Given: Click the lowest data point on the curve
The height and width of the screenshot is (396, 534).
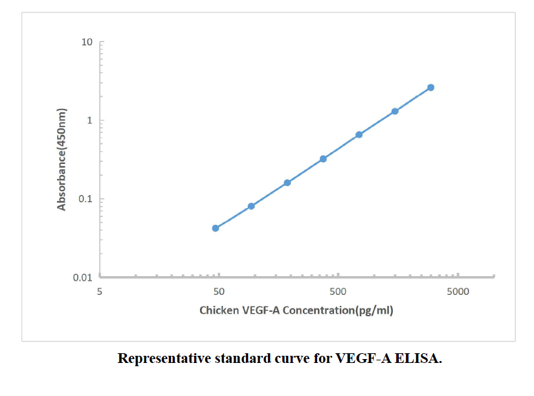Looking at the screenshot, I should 216,228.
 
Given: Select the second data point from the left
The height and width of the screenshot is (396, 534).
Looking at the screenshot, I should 251,206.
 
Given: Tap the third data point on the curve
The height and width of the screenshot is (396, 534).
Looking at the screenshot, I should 287,183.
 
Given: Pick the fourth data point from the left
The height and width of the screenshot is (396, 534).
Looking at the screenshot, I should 323,159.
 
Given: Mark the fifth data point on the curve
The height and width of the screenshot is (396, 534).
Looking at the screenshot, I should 359,135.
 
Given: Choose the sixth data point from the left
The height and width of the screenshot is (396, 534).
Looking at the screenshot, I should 395,111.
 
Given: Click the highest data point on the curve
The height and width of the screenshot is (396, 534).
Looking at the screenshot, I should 430,87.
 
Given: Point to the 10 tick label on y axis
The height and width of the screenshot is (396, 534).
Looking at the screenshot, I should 87,43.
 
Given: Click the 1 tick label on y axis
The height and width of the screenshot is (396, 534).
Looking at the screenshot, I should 90,121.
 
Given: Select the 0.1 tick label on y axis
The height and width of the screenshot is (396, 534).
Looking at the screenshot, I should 85,199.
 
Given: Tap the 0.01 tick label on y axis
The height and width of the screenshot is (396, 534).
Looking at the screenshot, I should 83,277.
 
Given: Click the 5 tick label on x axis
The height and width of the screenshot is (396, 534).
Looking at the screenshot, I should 100,292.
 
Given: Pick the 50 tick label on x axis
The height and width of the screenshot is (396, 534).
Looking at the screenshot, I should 219,292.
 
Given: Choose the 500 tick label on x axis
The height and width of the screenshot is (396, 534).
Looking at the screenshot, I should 338,292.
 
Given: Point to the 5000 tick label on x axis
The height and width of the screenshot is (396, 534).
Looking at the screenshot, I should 458,292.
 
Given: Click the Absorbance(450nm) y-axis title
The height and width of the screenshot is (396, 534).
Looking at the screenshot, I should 62,159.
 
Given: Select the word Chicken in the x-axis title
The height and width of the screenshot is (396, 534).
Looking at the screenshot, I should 219,310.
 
